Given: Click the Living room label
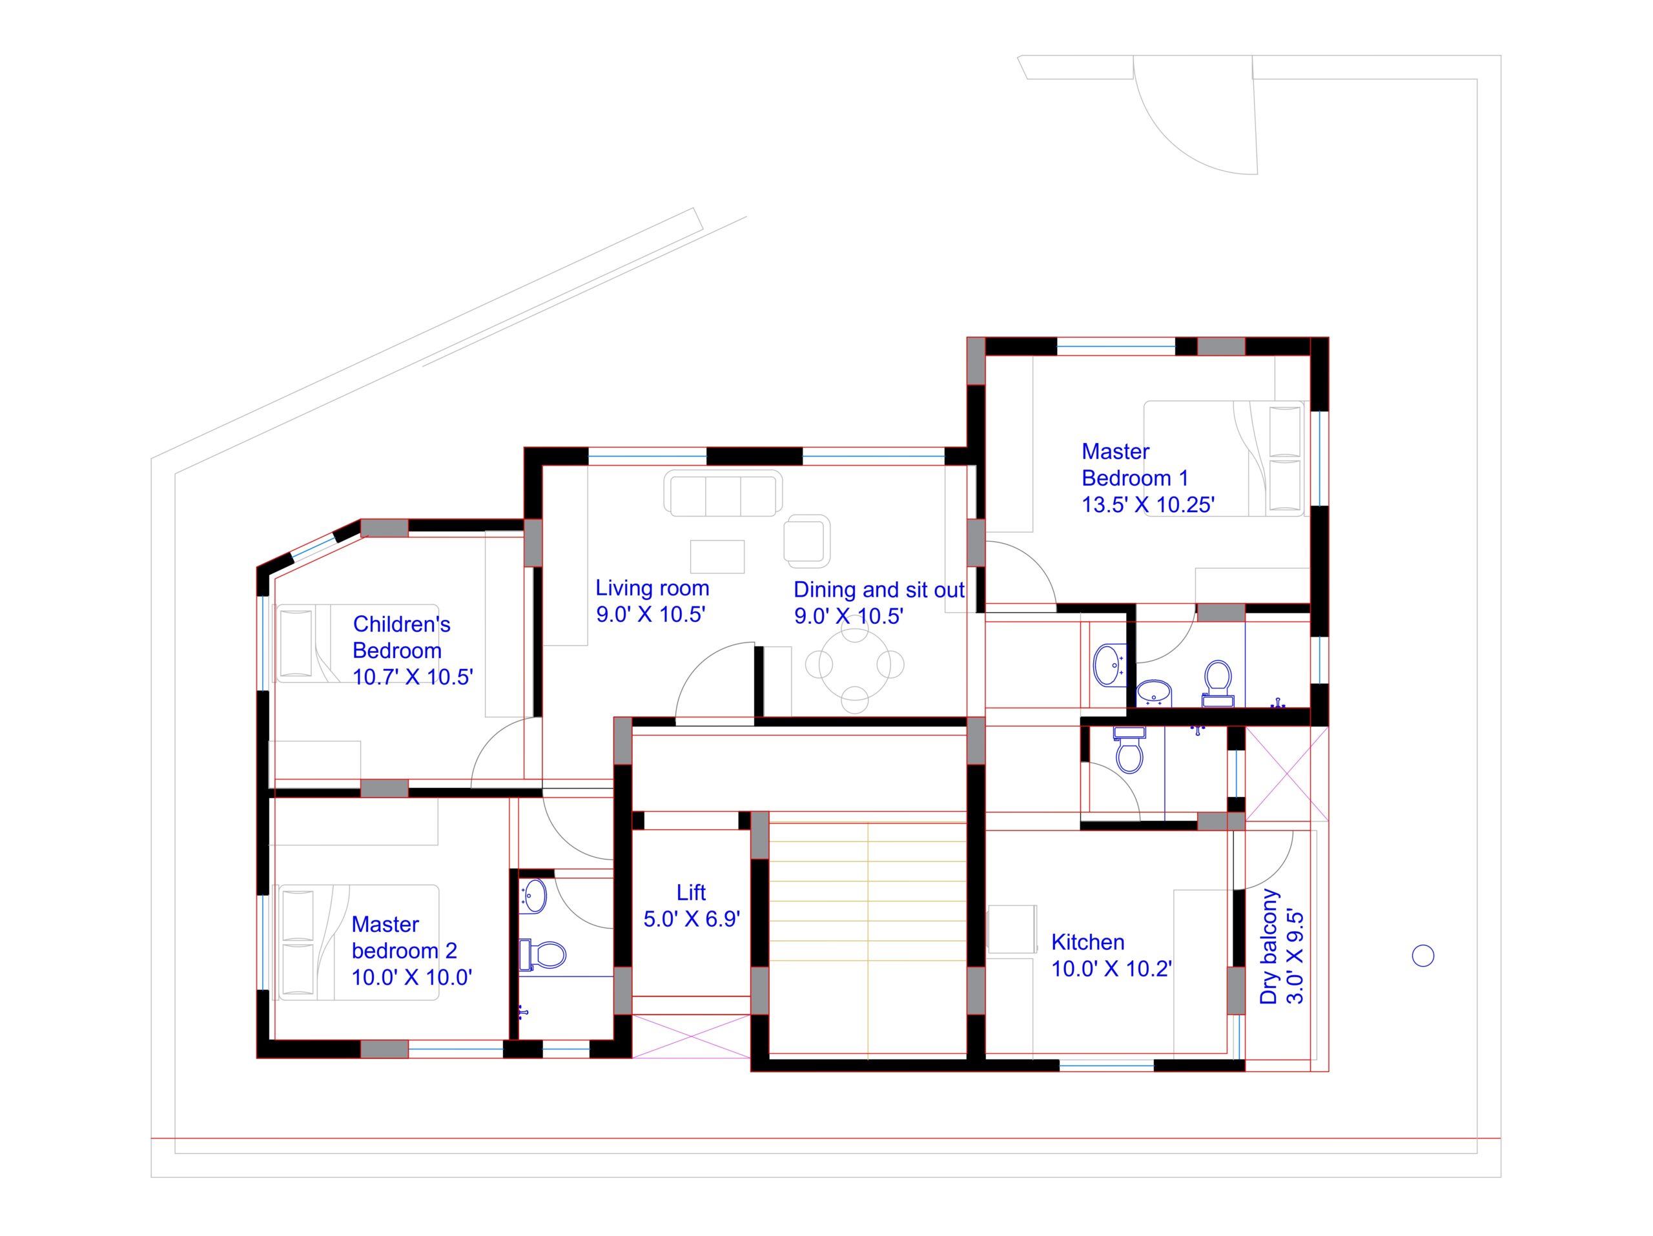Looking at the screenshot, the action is (x=652, y=589).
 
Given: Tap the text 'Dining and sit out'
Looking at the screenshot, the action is (x=879, y=590).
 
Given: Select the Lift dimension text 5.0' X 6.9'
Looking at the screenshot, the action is (x=692, y=919).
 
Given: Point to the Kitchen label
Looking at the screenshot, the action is (x=1087, y=942).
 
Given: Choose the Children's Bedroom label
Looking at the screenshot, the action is (x=401, y=637).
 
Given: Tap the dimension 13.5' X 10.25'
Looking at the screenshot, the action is (x=1148, y=505).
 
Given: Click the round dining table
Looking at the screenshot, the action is (x=854, y=664).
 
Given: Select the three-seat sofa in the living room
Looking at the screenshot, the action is (x=723, y=493).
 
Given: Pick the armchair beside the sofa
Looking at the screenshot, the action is (x=807, y=541).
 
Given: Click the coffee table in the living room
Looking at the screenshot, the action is (x=717, y=557).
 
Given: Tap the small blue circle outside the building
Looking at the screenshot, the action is (x=1423, y=956).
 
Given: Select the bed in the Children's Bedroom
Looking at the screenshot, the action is (x=358, y=643).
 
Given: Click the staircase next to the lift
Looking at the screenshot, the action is (x=868, y=938).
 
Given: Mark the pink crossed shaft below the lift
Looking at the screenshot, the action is (x=692, y=1036).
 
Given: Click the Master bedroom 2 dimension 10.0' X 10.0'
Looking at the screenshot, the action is (x=412, y=978).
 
